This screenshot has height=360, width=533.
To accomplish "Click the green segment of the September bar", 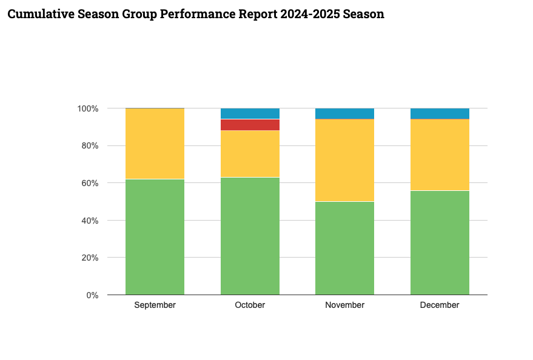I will pos(155,237).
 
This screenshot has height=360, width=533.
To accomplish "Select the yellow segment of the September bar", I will pos(155,144).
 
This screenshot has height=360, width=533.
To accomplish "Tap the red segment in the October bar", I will pos(250,125).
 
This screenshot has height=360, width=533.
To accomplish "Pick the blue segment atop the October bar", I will pos(250,113).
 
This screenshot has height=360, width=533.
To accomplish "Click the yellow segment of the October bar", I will pos(250,154).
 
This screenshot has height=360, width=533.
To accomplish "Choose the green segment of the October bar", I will pos(250,236).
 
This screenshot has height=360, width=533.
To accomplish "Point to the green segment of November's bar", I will pos(344,248).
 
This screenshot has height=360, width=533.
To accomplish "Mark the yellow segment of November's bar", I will pos(344,161).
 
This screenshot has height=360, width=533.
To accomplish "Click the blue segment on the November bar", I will pos(344,113).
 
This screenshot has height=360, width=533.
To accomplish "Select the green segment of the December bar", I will pos(440,242).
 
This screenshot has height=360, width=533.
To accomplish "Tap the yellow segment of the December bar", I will pos(440,155).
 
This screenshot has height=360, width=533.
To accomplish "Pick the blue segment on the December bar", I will pos(440,113).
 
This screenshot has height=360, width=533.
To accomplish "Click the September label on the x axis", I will pos(155,305).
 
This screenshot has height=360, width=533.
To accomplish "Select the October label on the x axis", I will pos(250,305).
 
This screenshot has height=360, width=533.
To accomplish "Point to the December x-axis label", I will pos(440,305).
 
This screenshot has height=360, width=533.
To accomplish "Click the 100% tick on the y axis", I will pos(87,108).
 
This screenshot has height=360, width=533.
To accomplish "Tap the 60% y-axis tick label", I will pos(89,183).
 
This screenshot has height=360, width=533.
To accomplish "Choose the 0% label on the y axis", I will pos(92,295).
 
